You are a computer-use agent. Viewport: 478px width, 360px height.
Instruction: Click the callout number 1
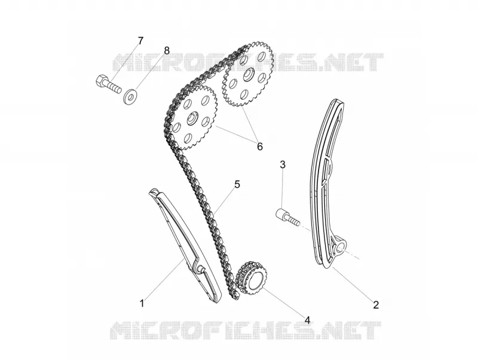(142, 304)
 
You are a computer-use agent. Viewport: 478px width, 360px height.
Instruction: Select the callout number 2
(376, 304)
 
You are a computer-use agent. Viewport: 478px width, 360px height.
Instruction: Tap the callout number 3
(283, 164)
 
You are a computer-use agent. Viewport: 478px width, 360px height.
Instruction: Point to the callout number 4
(307, 320)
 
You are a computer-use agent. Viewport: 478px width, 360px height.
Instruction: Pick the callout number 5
(237, 184)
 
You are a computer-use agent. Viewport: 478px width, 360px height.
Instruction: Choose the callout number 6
(260, 147)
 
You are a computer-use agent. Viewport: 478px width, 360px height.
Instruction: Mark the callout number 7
(140, 41)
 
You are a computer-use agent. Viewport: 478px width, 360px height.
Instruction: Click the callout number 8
(167, 50)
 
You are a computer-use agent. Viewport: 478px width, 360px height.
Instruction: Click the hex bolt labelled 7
(108, 84)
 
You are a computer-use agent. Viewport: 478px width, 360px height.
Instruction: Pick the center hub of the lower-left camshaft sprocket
(193, 118)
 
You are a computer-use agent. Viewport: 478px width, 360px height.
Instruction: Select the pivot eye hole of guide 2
(341, 246)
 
